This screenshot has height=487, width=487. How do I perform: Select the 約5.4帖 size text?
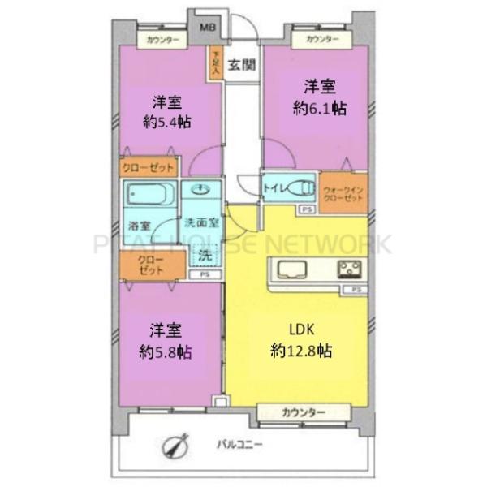pyautogui.click(x=167, y=124)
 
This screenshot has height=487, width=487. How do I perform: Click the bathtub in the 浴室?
pyautogui.click(x=150, y=196)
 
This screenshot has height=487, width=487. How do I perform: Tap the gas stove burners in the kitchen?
pyautogui.click(x=351, y=269)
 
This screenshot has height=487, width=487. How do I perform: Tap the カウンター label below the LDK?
pyautogui.click(x=303, y=413)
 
